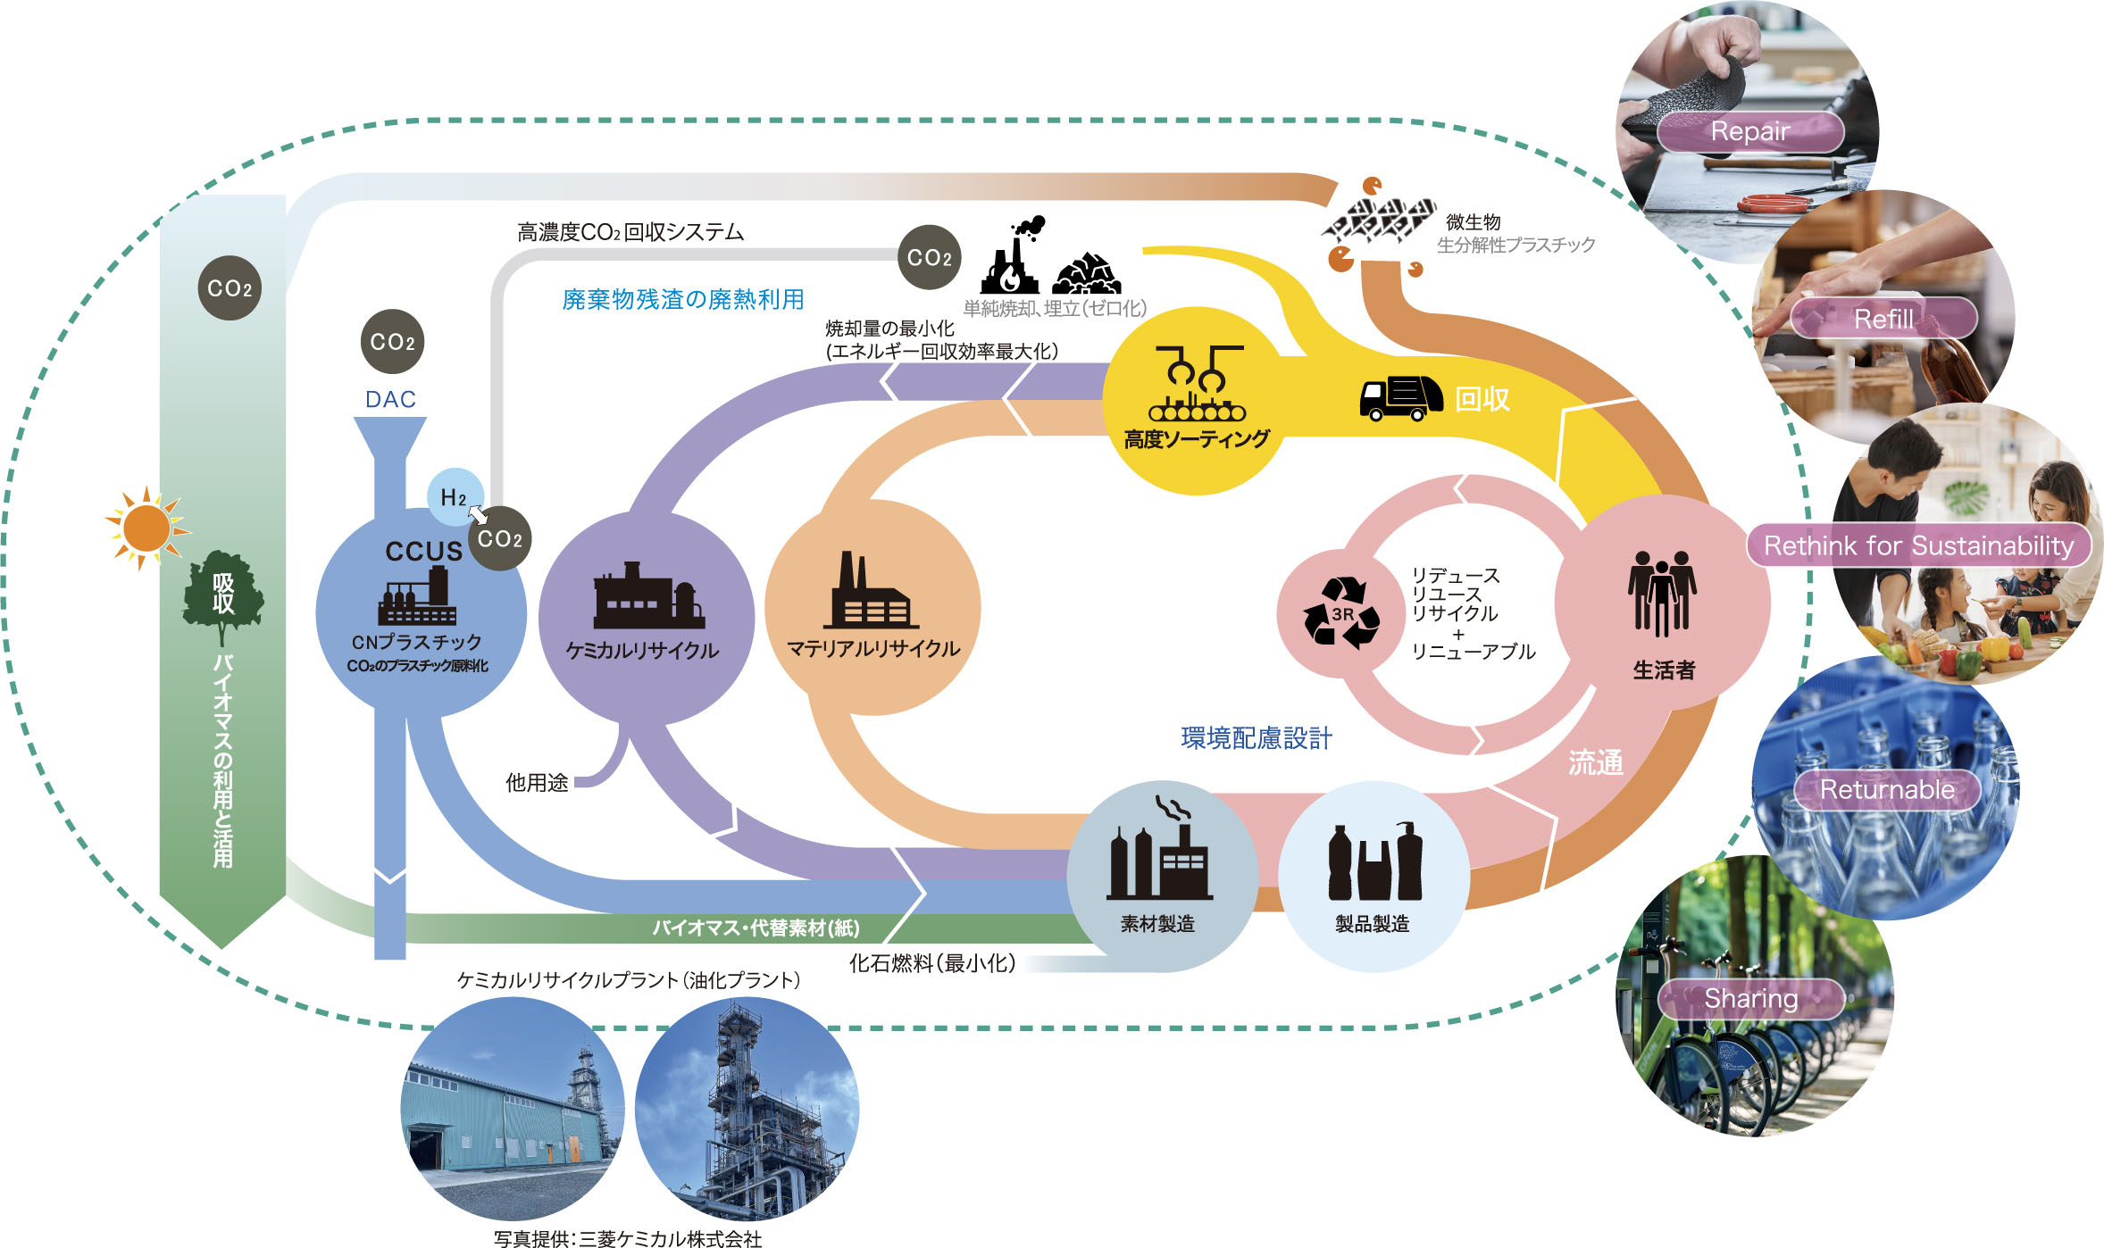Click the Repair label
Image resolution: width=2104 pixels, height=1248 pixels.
[1749, 132]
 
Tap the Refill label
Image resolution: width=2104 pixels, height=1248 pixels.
[1883, 319]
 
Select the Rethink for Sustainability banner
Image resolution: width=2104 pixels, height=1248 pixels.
[1918, 545]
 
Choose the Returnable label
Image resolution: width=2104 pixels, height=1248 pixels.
[1887, 789]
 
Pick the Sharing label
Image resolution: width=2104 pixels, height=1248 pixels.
[1750, 998]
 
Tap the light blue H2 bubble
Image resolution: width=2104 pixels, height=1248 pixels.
[454, 496]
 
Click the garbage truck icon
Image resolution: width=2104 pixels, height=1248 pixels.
[1400, 398]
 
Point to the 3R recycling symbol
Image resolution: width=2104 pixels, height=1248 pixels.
[1341, 612]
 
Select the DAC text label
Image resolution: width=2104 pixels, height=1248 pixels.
[390, 399]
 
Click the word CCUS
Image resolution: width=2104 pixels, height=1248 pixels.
[423, 551]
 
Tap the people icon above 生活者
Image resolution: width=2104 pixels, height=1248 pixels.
[1661, 593]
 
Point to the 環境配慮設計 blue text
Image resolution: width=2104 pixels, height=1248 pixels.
[1256, 738]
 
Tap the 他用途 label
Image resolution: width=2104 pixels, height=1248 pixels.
[537, 783]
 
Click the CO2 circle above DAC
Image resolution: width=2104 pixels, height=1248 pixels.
[392, 342]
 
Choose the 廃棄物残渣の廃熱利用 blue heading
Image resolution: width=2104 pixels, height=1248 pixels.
[683, 299]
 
